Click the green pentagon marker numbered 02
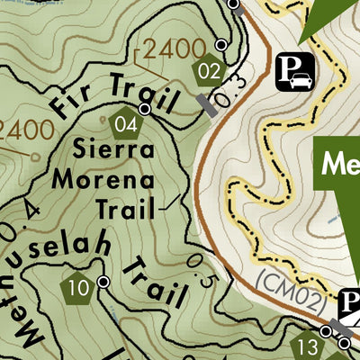[x=209, y=69]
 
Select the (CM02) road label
[x=287, y=290]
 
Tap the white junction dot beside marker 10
[x=103, y=282]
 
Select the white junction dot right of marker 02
[x=221, y=45]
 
